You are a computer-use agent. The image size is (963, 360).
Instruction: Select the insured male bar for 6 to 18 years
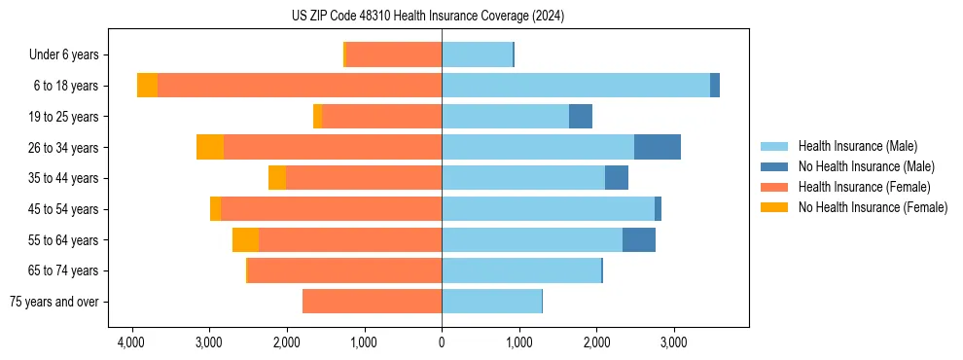pyautogui.click(x=576, y=86)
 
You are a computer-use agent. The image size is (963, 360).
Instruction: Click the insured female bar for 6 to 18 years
pyautogui.click(x=300, y=86)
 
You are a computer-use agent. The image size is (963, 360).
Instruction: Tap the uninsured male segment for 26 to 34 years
pyautogui.click(x=658, y=147)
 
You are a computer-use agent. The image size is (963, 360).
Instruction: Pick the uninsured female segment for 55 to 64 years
pyautogui.click(x=245, y=240)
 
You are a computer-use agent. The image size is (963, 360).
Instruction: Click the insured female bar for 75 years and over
pyautogui.click(x=372, y=302)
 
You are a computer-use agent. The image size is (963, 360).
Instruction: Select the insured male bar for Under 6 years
pyautogui.click(x=477, y=54)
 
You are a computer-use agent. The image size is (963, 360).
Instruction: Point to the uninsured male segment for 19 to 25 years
pyautogui.click(x=581, y=117)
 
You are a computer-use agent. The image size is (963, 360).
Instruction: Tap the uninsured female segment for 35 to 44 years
pyautogui.click(x=277, y=178)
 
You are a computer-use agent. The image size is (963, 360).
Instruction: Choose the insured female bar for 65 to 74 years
pyautogui.click(x=345, y=270)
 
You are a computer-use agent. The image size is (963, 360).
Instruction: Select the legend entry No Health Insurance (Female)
pyautogui.click(x=873, y=207)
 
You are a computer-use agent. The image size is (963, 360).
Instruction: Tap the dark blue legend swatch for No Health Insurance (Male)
pyautogui.click(x=775, y=166)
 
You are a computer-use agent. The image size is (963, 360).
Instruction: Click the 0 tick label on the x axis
pyautogui.click(x=442, y=342)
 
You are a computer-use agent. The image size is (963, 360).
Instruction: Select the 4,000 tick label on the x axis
pyautogui.click(x=131, y=342)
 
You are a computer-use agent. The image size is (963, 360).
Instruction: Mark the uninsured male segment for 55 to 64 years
pyautogui.click(x=639, y=240)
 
